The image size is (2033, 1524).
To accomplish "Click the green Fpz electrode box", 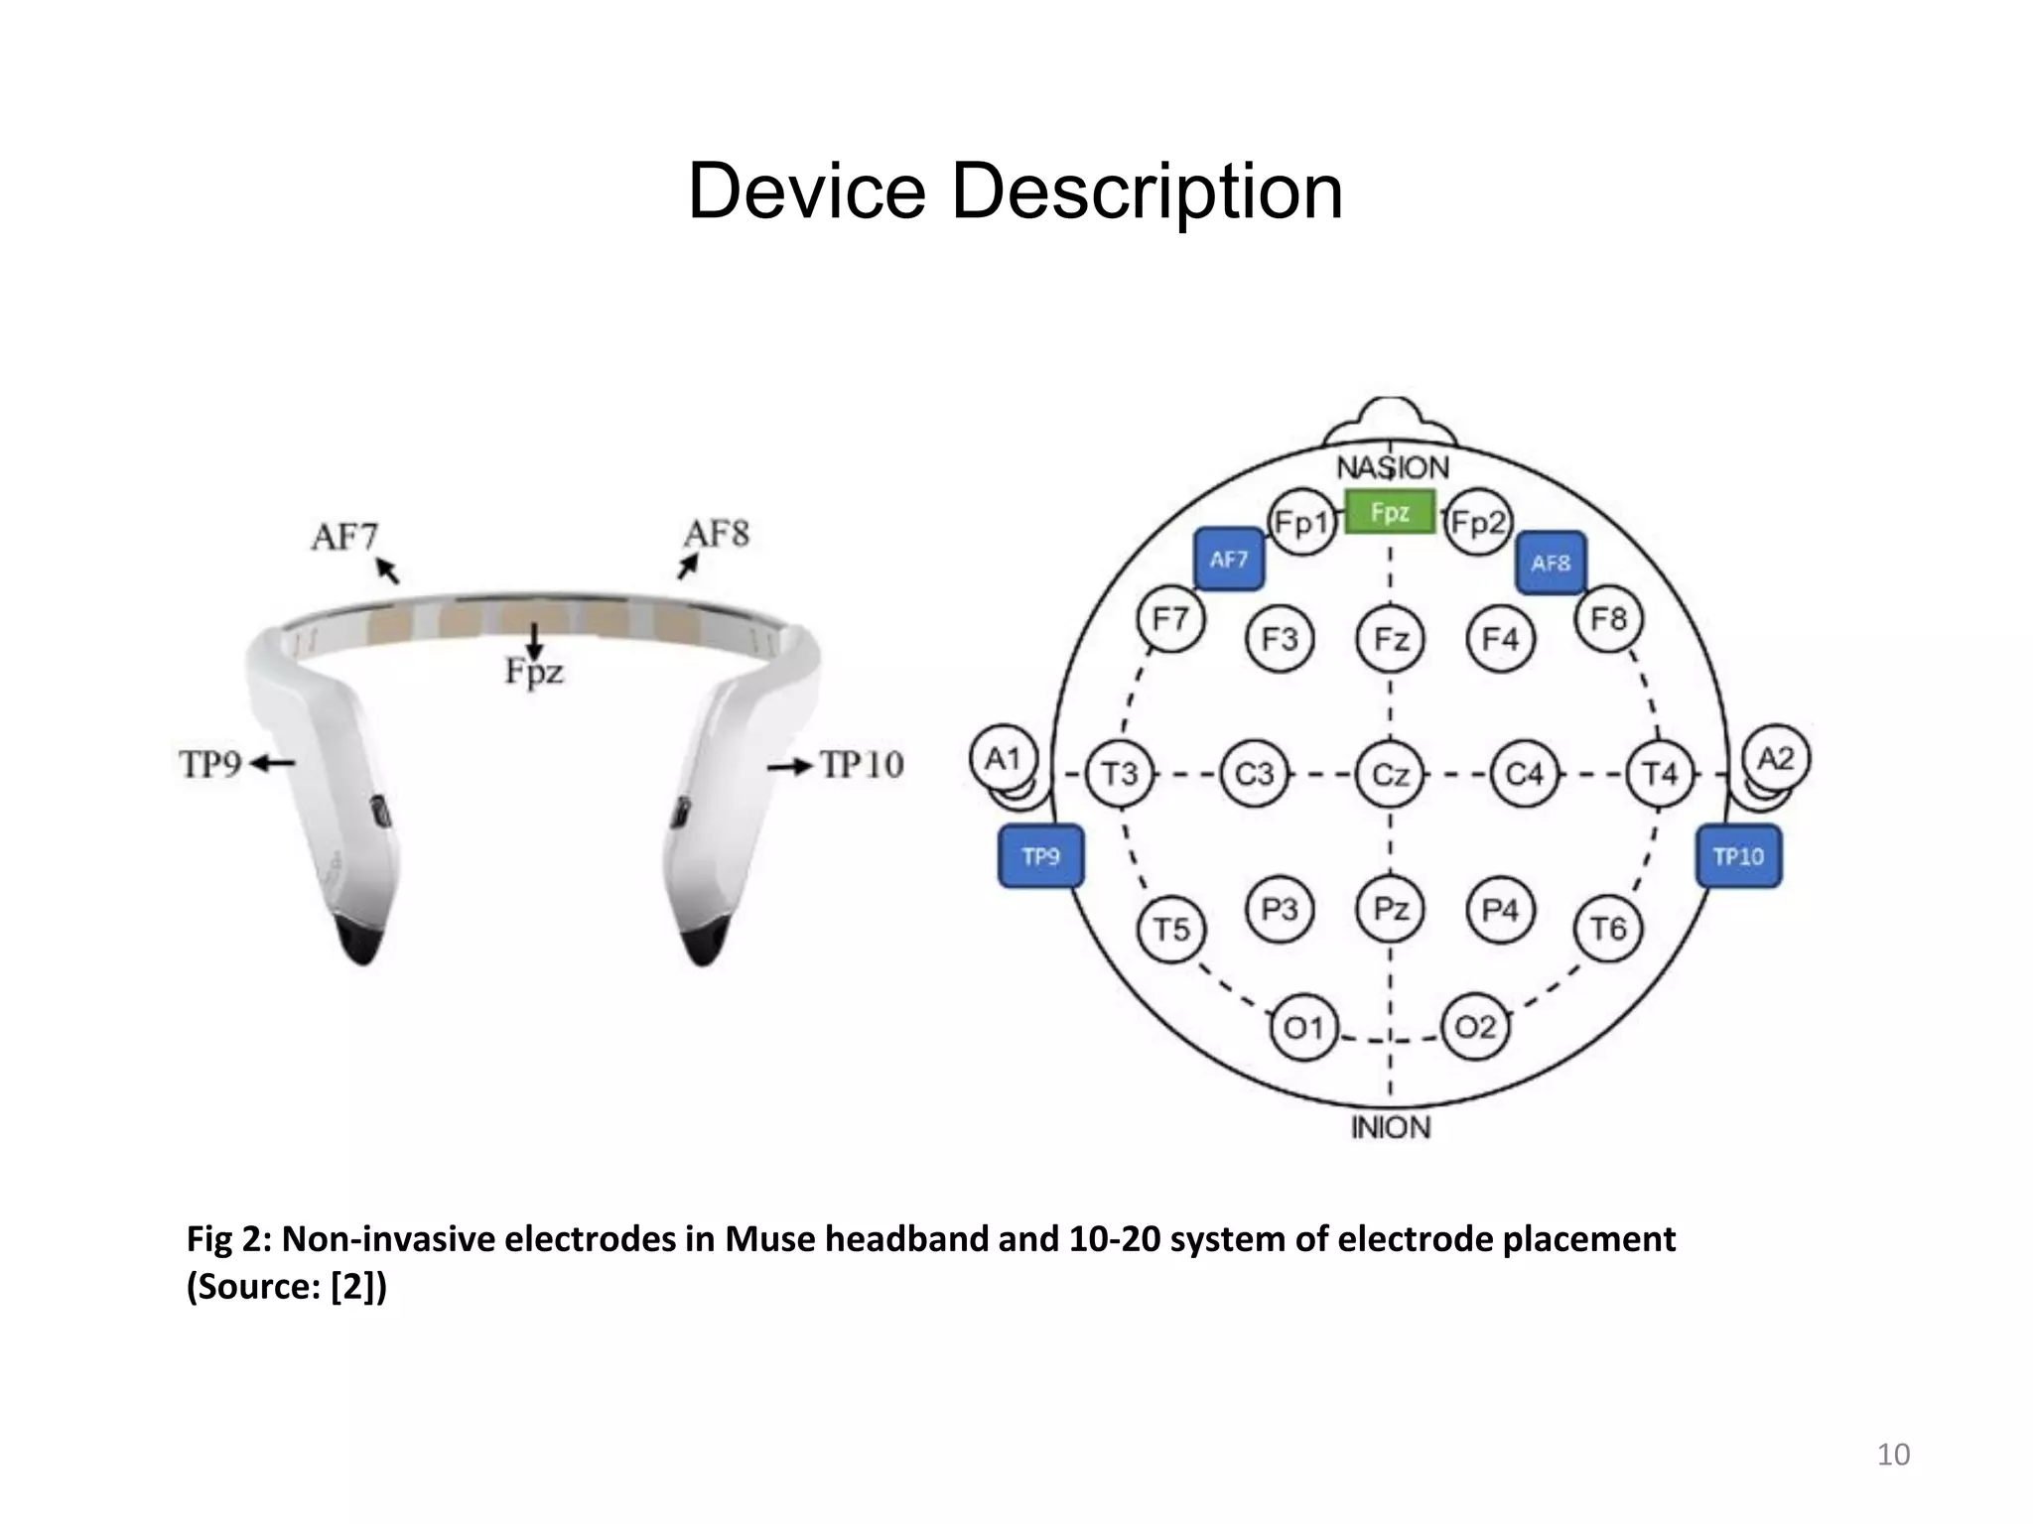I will point(1390,512).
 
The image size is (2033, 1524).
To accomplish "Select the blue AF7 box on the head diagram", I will point(1229,560).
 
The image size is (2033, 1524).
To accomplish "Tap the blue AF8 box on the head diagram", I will point(1551,563).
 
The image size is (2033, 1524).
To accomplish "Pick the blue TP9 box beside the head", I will point(1040,856).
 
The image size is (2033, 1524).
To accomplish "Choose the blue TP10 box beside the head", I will point(1739,856).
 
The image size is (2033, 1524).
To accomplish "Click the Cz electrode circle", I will point(1390,774).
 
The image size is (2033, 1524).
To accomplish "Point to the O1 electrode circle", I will point(1303,1028).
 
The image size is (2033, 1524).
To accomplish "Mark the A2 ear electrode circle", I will point(1776,759).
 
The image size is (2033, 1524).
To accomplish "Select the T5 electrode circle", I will point(1171,930).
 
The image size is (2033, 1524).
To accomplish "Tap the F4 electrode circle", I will point(1500,639).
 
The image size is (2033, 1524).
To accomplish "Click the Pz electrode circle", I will point(1390,909).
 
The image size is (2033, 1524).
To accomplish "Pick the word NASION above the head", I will point(1392,467).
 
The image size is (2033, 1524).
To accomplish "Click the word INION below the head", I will point(1391,1128).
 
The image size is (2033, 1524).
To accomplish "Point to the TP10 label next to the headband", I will point(862,765).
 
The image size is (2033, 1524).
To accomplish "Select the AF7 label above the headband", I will point(344,537).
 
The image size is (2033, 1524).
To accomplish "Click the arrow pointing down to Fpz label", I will point(535,640).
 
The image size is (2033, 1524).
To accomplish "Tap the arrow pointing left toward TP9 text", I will point(272,763).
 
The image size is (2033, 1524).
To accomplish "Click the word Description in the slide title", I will point(1147,190).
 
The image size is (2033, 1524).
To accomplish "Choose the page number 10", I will point(1893,1455).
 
